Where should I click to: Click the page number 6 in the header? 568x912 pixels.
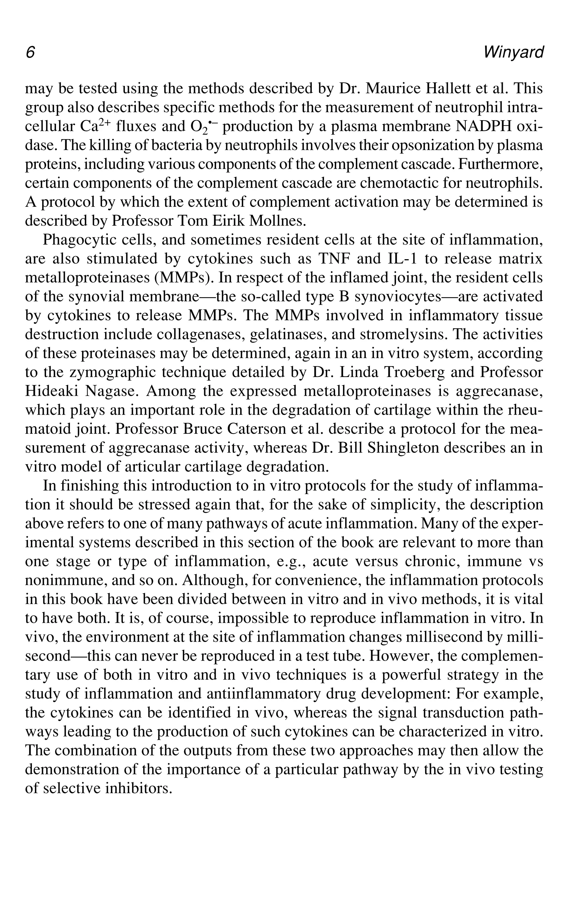point(30,52)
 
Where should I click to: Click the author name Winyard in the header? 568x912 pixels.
point(513,52)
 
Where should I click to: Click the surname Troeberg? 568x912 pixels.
point(412,372)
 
